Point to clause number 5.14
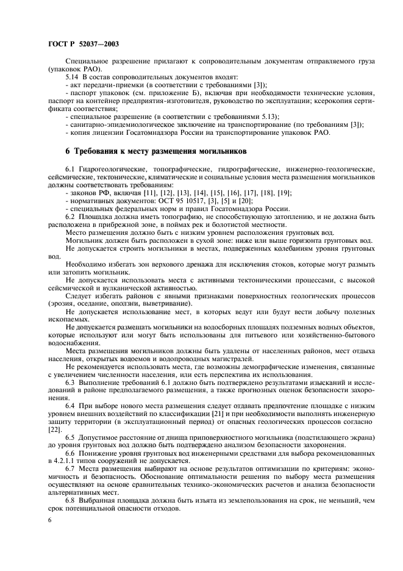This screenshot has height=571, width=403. [72, 77]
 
